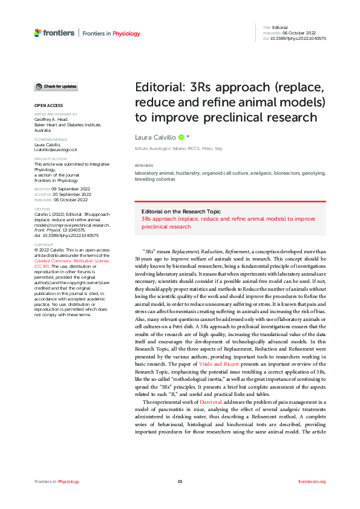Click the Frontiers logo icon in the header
tap(38, 32)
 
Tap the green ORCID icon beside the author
tap(181, 138)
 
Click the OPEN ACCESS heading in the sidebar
tap(48, 105)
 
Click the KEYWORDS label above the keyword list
tap(144, 166)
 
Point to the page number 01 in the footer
tap(180, 481)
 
